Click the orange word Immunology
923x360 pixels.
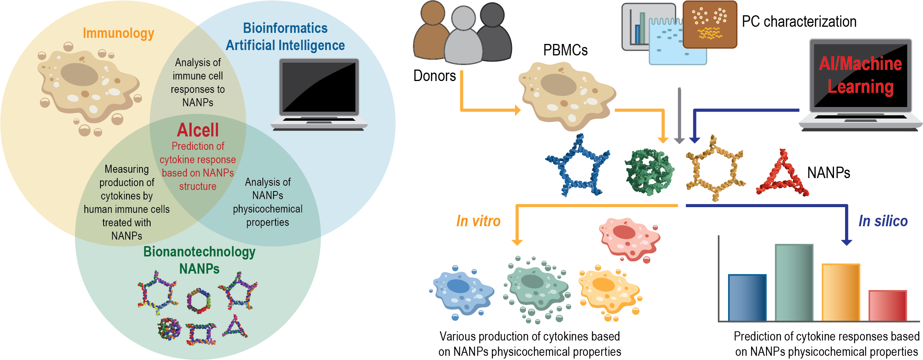(118, 33)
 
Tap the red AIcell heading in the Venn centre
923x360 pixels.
(198, 130)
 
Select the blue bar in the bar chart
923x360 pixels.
(747, 298)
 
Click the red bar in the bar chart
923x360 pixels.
(887, 306)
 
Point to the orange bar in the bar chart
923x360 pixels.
(840, 292)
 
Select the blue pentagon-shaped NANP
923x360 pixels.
(577, 167)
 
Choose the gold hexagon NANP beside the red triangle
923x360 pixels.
(714, 168)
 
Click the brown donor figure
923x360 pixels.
(432, 32)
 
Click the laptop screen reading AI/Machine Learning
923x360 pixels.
(860, 75)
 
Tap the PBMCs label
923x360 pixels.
(565, 50)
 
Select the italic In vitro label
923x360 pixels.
(478, 221)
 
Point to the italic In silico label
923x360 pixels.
(883, 221)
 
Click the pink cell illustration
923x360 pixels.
(630, 239)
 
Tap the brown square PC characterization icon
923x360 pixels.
(709, 24)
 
